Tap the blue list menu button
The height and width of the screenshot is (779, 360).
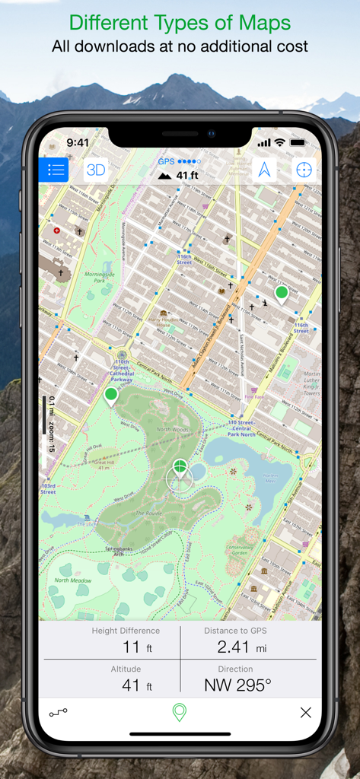coord(54,170)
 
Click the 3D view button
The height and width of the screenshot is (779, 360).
coord(96,170)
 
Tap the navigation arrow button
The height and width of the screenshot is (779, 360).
coord(264,170)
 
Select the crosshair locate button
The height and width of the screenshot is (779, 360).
coord(304,170)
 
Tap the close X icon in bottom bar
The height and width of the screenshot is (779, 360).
coord(305,713)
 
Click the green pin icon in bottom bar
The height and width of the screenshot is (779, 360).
coord(180,713)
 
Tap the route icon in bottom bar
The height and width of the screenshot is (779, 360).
coord(59,713)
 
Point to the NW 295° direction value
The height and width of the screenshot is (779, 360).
coord(238,685)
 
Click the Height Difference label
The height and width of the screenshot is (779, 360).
coord(126,631)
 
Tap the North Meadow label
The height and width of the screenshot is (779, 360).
coord(72,580)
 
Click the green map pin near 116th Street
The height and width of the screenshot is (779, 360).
coord(282,294)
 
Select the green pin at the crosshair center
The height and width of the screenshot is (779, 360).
coord(180,467)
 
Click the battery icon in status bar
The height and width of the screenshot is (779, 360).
coord(297,143)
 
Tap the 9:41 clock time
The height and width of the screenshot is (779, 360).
coord(78,143)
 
